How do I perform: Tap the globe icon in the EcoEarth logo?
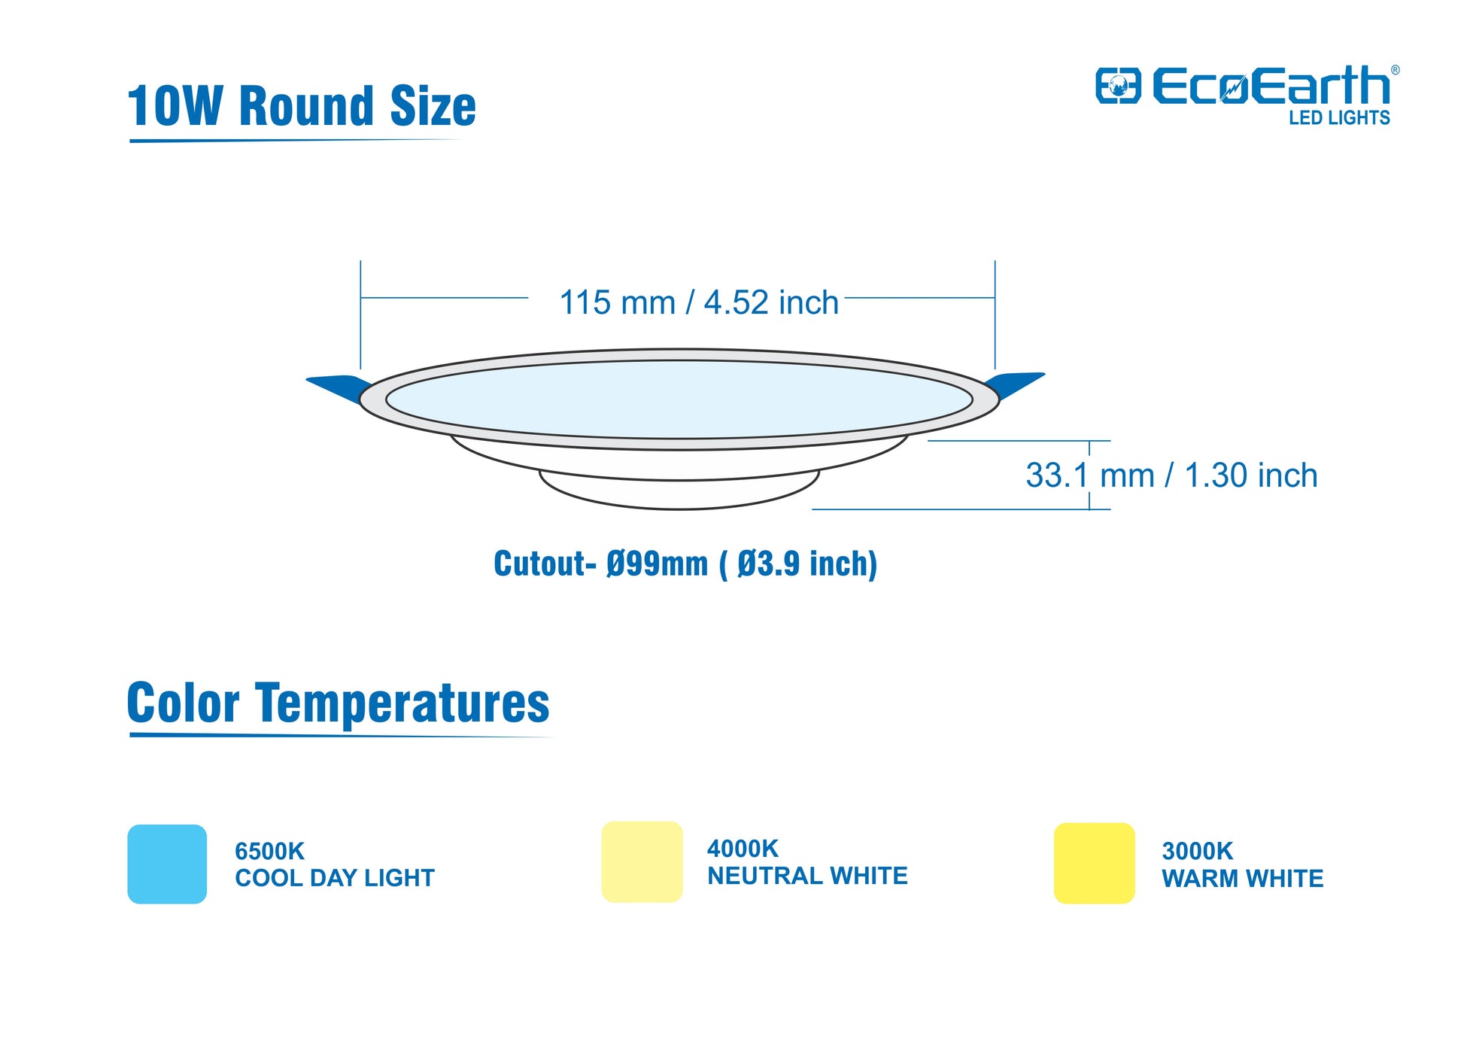pos(1118,86)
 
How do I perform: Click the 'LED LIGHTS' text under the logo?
pos(1339,117)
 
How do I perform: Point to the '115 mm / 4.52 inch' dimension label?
pos(699,302)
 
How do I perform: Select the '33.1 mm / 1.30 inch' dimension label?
pos(1171,475)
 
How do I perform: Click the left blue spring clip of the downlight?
pos(339,388)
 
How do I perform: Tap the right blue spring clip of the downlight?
pos(1015,385)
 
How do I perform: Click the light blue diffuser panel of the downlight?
pos(679,399)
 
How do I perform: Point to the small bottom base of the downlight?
pos(679,492)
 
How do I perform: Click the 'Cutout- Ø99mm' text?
pos(600,564)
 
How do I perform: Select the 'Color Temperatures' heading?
pos(339,703)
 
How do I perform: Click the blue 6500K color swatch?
pos(167,864)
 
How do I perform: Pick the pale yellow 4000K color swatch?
pos(642,861)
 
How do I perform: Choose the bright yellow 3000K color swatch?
pos(1094,863)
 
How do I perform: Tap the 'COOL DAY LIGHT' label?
pos(335,878)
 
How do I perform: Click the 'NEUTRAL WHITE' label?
pos(807,876)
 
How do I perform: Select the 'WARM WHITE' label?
pos(1242,878)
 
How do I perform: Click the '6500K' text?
pos(269,851)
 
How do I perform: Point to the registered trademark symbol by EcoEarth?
pos(1395,70)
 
